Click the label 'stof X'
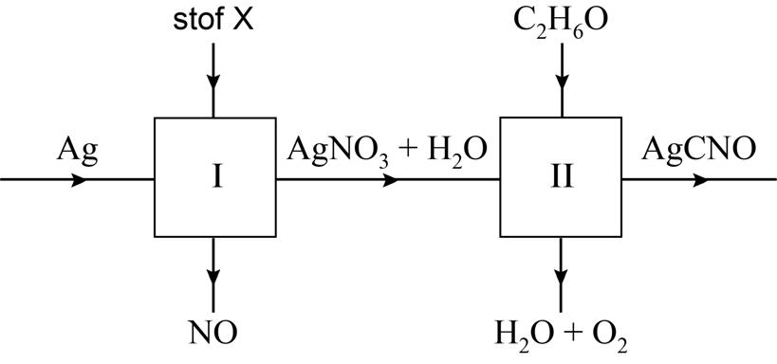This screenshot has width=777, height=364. pos(213,21)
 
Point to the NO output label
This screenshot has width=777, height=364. pos(213,333)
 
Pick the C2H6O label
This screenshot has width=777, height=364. pos(561,21)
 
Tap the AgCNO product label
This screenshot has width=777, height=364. pos(698,149)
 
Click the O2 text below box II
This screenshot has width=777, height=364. pos(612,336)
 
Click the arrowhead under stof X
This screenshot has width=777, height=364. pos(213,82)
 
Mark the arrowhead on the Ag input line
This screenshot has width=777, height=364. pos(79,180)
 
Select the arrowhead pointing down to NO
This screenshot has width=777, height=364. pos(213,278)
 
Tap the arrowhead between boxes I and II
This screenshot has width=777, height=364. pos(390,180)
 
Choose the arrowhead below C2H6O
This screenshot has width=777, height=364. pos(561,82)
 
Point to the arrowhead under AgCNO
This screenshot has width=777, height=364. pos(700,180)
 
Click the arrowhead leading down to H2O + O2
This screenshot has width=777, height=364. pos(561,278)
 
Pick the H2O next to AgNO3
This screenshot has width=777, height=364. pos(458,150)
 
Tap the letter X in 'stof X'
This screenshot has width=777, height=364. pos(243,21)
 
